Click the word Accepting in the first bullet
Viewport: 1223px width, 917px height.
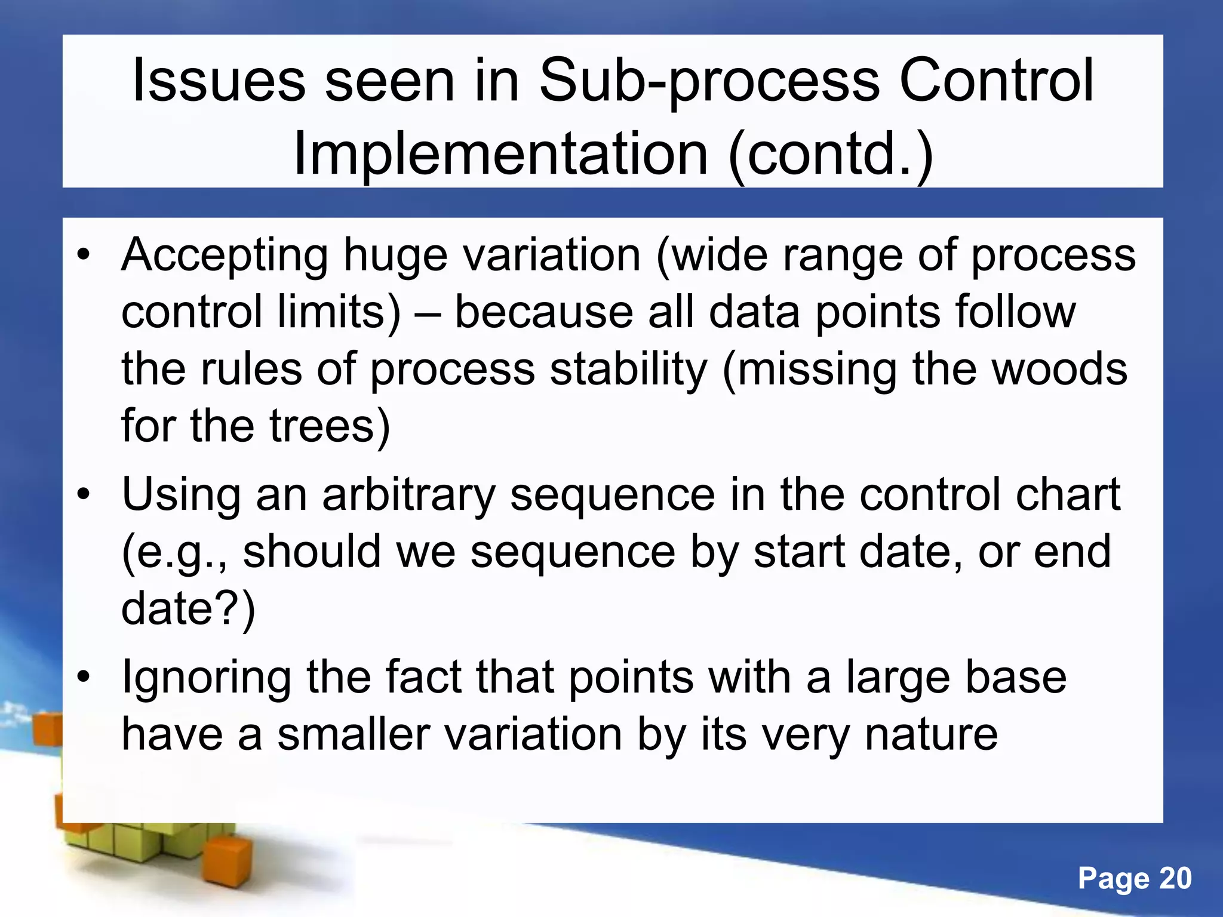[x=225, y=256]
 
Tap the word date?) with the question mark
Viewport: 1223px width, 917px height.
[x=188, y=609]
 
